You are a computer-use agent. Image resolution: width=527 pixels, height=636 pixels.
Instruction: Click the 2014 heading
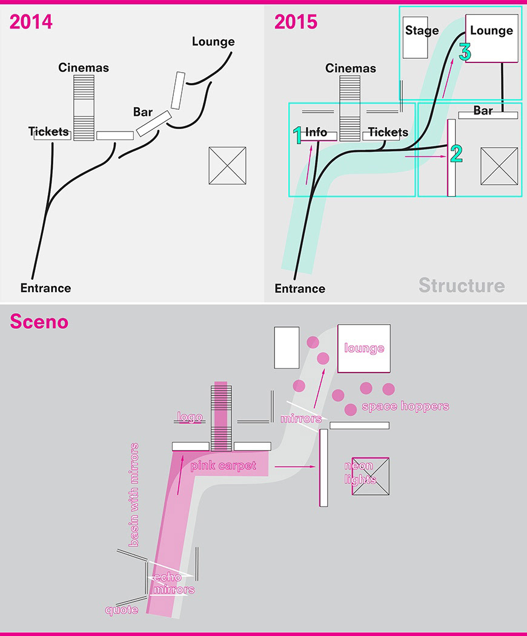[x=31, y=22]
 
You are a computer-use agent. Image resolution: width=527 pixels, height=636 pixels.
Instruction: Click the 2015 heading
[x=296, y=22]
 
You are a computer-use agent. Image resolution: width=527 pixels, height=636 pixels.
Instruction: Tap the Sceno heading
[x=39, y=322]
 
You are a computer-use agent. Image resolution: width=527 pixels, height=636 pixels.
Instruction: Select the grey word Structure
[x=461, y=285]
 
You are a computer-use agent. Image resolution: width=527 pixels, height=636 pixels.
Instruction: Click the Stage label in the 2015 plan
[x=422, y=31]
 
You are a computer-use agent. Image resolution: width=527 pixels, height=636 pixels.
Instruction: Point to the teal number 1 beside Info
[x=297, y=135]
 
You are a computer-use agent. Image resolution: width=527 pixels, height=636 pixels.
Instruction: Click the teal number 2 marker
[x=456, y=153]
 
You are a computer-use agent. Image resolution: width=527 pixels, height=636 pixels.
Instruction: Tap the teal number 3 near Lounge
[x=465, y=53]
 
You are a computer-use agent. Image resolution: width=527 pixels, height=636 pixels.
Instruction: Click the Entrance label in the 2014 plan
[x=45, y=288]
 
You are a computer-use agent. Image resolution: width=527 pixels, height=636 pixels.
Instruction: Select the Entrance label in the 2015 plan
[x=300, y=288]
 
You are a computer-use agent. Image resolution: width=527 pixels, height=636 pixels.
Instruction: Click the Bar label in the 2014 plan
[x=142, y=112]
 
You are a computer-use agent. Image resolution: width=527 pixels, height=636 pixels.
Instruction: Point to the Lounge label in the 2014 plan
[x=213, y=42]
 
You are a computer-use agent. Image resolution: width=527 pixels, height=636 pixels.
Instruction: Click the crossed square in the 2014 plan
[x=227, y=165]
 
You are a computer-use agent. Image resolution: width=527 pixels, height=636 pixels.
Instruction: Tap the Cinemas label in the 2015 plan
[x=351, y=68]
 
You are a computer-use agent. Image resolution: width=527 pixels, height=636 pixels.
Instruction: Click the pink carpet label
[x=223, y=466]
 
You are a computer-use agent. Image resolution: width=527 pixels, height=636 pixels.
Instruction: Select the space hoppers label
[x=405, y=406]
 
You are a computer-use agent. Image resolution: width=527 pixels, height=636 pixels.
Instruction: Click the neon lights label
[x=360, y=473]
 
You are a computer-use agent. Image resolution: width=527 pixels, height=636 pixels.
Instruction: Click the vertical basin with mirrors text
[x=134, y=495]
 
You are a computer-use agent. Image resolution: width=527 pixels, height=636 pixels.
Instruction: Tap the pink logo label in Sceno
[x=189, y=417]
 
